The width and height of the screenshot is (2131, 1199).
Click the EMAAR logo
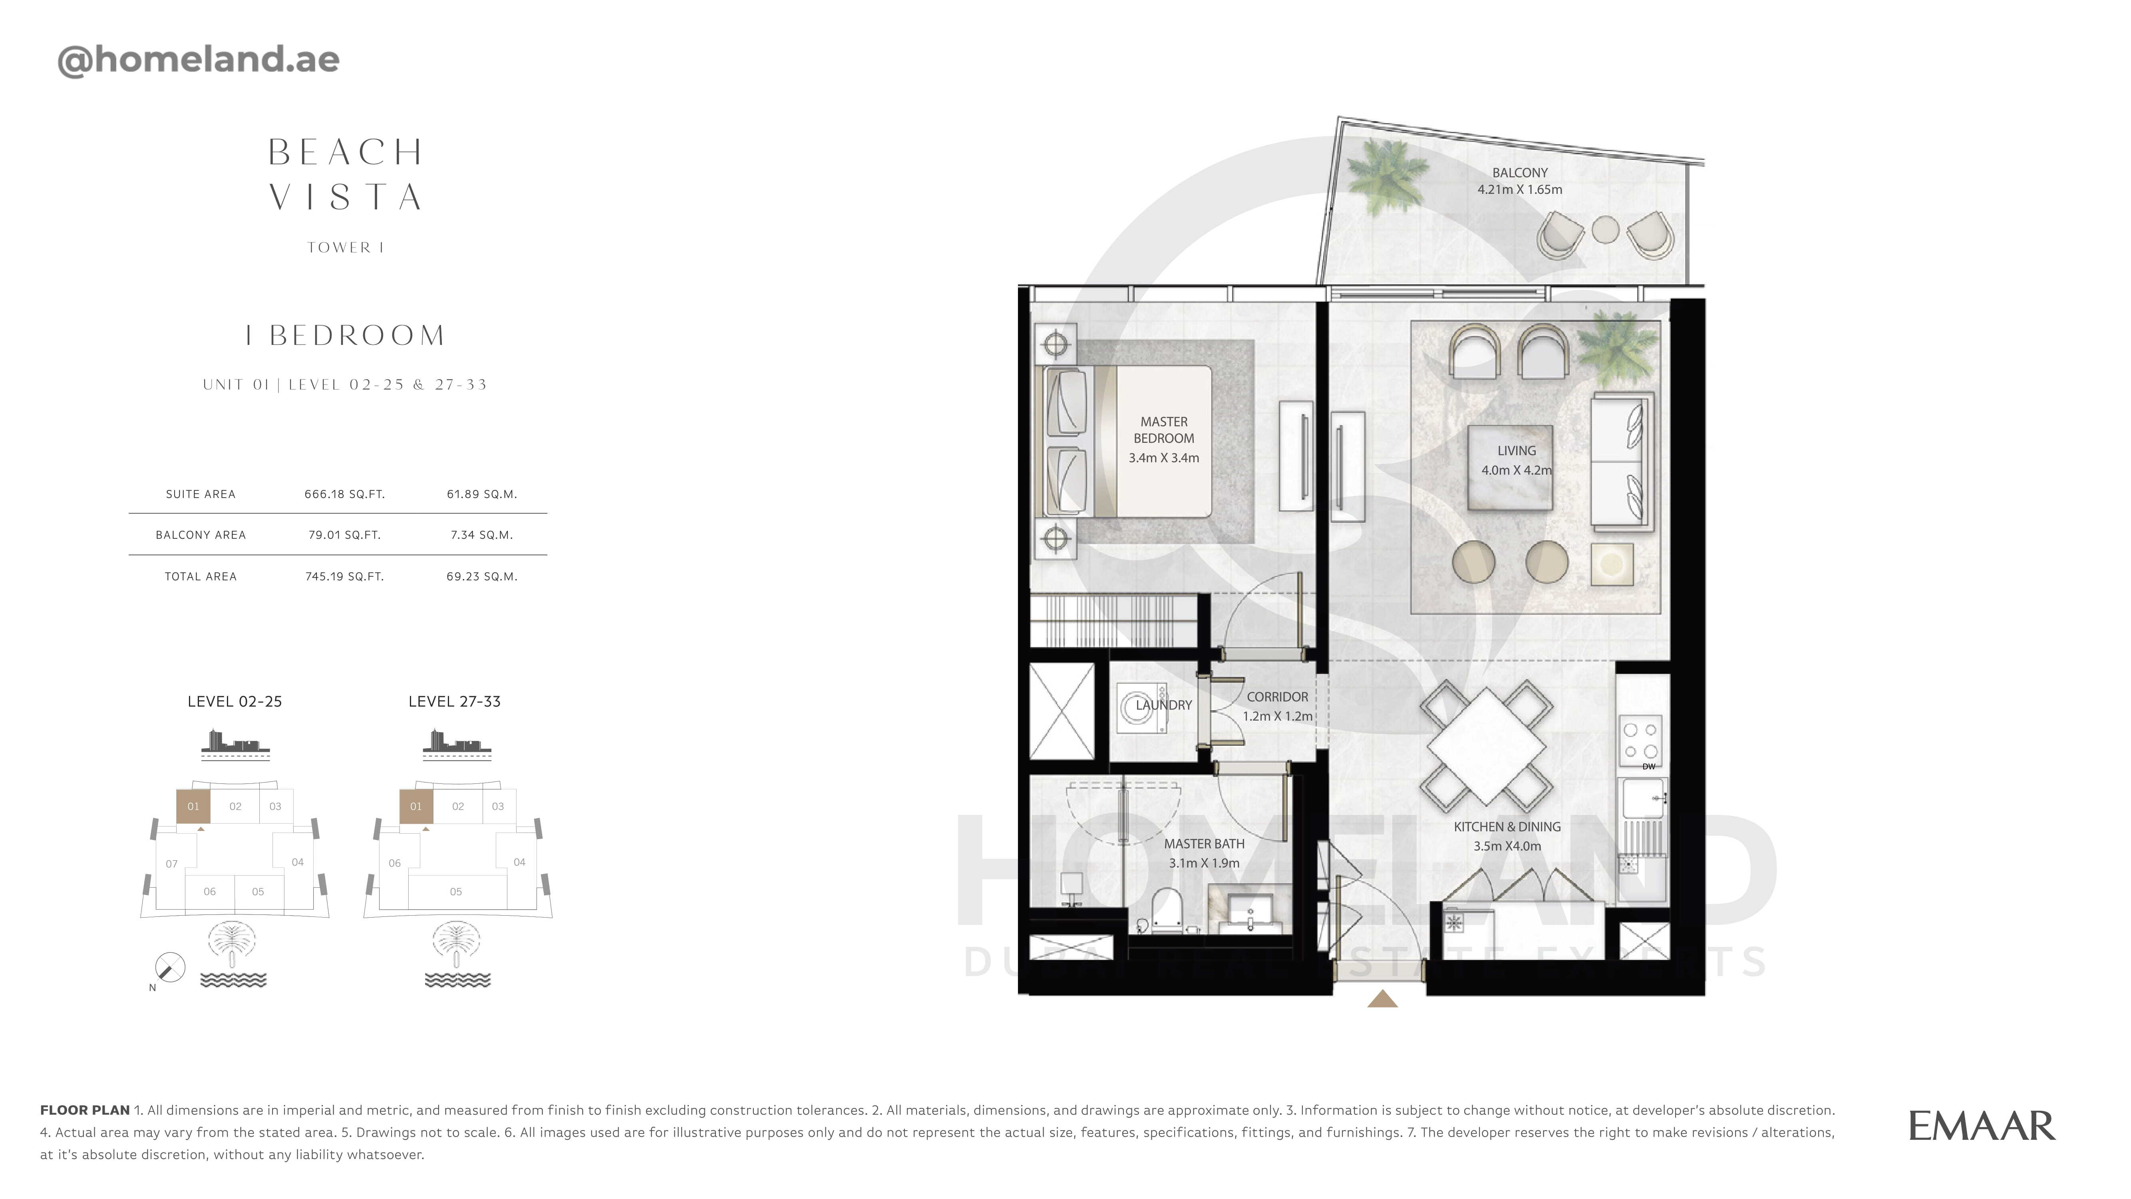coord(1981,1126)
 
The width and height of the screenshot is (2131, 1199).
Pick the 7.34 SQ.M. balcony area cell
coord(481,534)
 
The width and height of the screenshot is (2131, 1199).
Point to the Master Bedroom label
coord(1164,430)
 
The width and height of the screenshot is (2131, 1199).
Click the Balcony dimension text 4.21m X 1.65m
coord(1520,189)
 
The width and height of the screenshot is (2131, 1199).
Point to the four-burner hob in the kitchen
coord(1640,741)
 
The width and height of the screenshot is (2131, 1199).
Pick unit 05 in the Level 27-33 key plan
coord(456,891)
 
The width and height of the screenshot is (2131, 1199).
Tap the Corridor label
coord(1277,697)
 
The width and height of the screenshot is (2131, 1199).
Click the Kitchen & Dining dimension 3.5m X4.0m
coord(1507,846)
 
